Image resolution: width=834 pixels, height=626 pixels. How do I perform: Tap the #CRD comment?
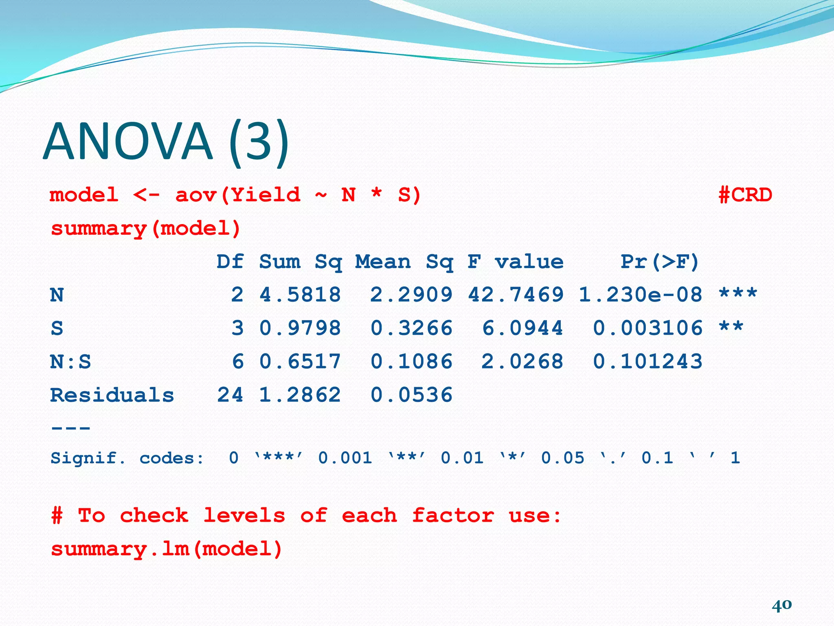pyautogui.click(x=745, y=195)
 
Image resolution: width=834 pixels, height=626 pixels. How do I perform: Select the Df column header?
pyautogui.click(x=230, y=262)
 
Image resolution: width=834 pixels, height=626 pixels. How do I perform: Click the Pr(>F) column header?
pyautogui.click(x=660, y=262)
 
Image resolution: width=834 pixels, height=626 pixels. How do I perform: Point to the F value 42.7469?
pyautogui.click(x=516, y=295)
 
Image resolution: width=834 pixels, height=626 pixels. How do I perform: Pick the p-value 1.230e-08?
pyautogui.click(x=641, y=295)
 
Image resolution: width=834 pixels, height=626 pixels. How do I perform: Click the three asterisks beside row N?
pyautogui.click(x=738, y=293)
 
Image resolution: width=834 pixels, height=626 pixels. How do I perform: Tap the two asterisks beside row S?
pyautogui.click(x=731, y=327)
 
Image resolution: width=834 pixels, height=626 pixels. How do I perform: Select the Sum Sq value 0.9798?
pyautogui.click(x=300, y=328)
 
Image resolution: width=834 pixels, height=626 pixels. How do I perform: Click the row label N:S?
pyautogui.click(x=70, y=361)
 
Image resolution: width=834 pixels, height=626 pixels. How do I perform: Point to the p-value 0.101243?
pyautogui.click(x=648, y=361)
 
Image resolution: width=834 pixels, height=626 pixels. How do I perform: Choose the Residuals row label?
pyautogui.click(x=112, y=395)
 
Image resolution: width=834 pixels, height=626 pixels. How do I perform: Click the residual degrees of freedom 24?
pyautogui.click(x=230, y=395)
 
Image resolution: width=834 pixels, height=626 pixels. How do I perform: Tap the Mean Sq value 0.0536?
pyautogui.click(x=411, y=395)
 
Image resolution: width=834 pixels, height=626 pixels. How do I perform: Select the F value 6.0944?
pyautogui.click(x=522, y=328)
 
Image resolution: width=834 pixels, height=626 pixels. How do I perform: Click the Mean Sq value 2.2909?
pyautogui.click(x=411, y=295)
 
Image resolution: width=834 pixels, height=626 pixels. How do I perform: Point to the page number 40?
pyautogui.click(x=781, y=604)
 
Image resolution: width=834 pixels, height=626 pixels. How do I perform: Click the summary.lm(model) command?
pyautogui.click(x=167, y=549)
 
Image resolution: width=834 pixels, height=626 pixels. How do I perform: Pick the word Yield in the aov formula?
pyautogui.click(x=266, y=195)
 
